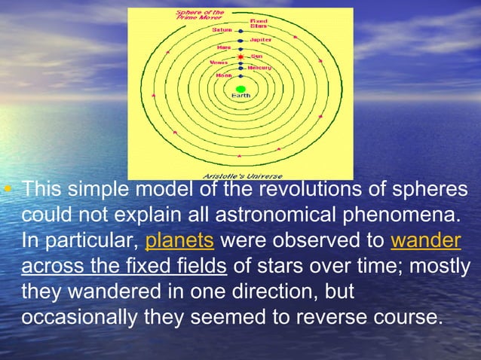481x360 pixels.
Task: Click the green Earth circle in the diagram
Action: [240, 89]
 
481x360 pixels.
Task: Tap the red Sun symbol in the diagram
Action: [240, 57]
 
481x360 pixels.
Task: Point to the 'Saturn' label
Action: [222, 30]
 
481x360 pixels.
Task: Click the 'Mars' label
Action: [225, 47]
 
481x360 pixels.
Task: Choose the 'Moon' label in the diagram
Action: [224, 75]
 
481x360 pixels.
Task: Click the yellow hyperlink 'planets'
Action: [180, 243]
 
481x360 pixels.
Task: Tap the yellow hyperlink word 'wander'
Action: [426, 243]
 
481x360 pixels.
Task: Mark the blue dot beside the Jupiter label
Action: [240, 40]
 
